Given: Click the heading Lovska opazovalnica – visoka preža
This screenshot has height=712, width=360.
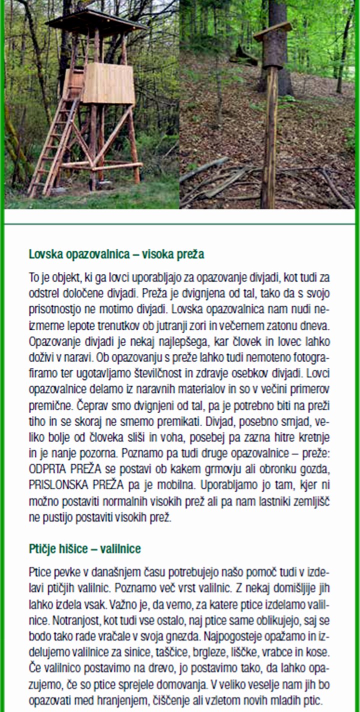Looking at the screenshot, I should tap(116, 254).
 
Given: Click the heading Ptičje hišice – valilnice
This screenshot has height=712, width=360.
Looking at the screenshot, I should tap(84, 549).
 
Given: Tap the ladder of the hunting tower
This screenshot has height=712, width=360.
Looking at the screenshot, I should tap(55, 145).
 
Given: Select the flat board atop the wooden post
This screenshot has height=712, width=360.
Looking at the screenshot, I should tap(272, 31).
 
